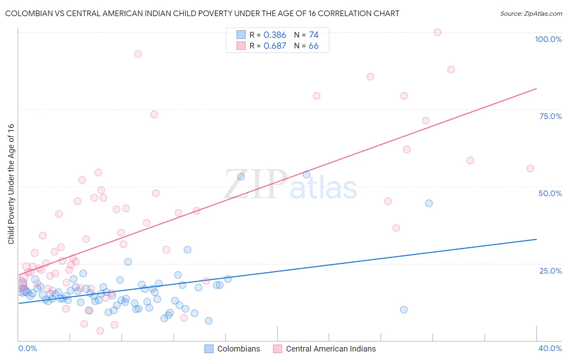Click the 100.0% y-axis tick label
[548, 39]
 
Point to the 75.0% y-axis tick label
[550, 116]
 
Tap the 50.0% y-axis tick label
[550, 193]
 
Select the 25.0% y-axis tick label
[550, 270]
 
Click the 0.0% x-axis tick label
[27, 348]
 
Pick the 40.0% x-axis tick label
[550, 348]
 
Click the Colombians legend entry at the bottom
[238, 349]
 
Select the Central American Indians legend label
[331, 349]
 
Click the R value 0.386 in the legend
[275, 35]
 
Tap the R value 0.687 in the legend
[275, 46]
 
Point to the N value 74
[314, 35]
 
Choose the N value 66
[313, 46]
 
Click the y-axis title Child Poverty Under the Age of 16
[11, 184]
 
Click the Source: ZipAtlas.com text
[531, 14]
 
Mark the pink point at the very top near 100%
[438, 32]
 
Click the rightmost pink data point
[530, 169]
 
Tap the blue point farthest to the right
[429, 203]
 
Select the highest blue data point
[306, 175]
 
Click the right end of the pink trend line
[536, 88]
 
